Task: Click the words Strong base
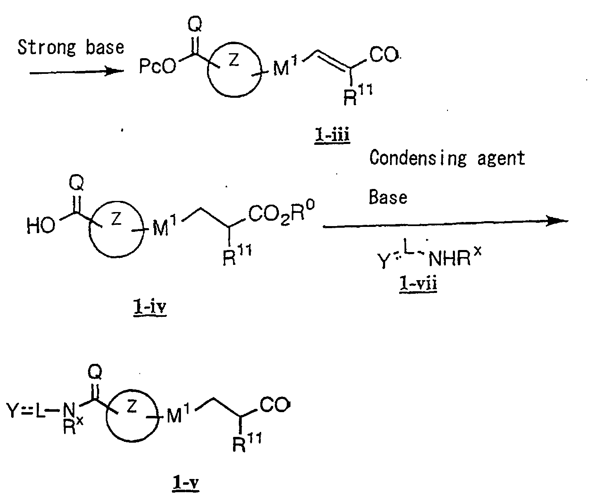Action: pyautogui.click(x=71, y=47)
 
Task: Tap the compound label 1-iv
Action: pyautogui.click(x=150, y=309)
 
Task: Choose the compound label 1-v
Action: pyautogui.click(x=185, y=483)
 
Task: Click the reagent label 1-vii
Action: pyautogui.click(x=418, y=285)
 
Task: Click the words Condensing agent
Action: pyautogui.click(x=447, y=158)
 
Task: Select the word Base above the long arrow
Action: pyautogui.click(x=388, y=197)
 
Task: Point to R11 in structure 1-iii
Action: pyautogui.click(x=358, y=98)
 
